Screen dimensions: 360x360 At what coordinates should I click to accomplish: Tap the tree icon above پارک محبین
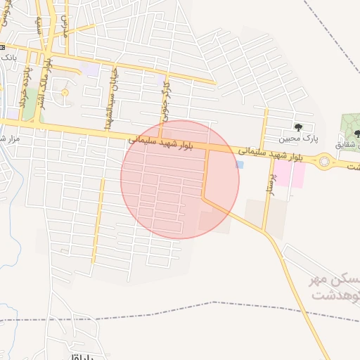[298, 127]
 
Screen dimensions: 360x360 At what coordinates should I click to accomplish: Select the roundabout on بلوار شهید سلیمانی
[325, 162]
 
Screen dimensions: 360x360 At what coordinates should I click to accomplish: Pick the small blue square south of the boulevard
[239, 165]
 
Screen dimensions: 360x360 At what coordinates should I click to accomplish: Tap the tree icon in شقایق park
[357, 134]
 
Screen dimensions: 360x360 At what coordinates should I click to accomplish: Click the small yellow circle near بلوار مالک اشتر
[65, 92]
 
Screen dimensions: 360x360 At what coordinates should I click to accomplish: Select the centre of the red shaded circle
[180, 179]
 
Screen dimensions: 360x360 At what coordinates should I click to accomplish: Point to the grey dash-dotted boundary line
[211, 303]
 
